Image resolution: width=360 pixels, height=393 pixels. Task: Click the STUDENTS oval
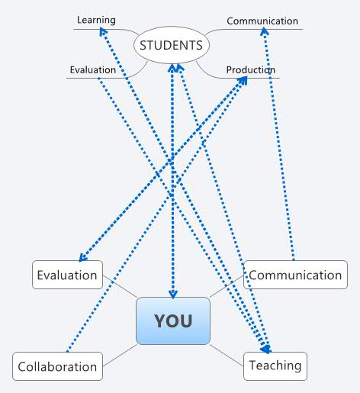click(x=172, y=45)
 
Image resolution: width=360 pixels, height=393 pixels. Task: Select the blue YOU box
click(x=172, y=321)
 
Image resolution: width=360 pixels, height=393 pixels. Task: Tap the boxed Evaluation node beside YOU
click(x=67, y=275)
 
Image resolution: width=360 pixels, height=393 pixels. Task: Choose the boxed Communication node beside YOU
click(x=295, y=275)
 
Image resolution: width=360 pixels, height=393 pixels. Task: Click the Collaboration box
click(x=57, y=366)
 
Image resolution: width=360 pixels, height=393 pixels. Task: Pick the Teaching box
click(x=275, y=366)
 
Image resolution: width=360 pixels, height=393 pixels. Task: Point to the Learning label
click(x=96, y=19)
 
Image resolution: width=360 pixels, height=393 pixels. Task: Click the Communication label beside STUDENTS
click(x=262, y=21)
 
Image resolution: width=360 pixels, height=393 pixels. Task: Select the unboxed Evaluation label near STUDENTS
click(x=92, y=69)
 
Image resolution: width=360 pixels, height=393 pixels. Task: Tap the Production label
click(x=250, y=70)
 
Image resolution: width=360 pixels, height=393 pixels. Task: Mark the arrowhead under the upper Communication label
click(x=265, y=32)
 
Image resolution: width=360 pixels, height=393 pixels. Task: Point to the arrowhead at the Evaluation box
click(x=82, y=259)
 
